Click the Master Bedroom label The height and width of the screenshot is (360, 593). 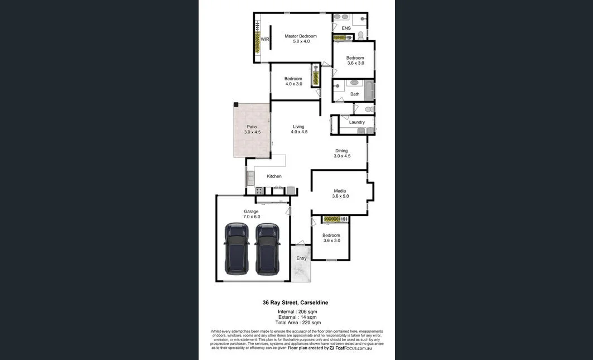coord(300,36)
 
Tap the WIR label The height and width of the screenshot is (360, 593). coord(265,39)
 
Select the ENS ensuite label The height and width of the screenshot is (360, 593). coord(346,28)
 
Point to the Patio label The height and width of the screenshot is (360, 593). coord(252,127)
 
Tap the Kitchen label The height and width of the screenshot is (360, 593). coord(274,176)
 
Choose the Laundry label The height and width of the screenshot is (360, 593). coord(357,122)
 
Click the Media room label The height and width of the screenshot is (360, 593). coord(340,191)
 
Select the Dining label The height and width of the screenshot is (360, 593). coord(341,151)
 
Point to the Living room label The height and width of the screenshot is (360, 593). coord(298,127)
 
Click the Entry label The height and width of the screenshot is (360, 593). coord(301,258)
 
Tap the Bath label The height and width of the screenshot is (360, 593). coord(355,94)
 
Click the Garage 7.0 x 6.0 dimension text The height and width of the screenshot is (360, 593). coord(252,217)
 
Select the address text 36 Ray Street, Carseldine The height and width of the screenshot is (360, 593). coord(296,303)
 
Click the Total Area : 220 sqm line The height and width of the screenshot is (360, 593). coord(298,323)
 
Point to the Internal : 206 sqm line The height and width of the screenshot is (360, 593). coord(297,311)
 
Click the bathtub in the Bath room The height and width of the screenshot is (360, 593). coord(368,90)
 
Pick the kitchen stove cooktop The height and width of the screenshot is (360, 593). coord(259,190)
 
